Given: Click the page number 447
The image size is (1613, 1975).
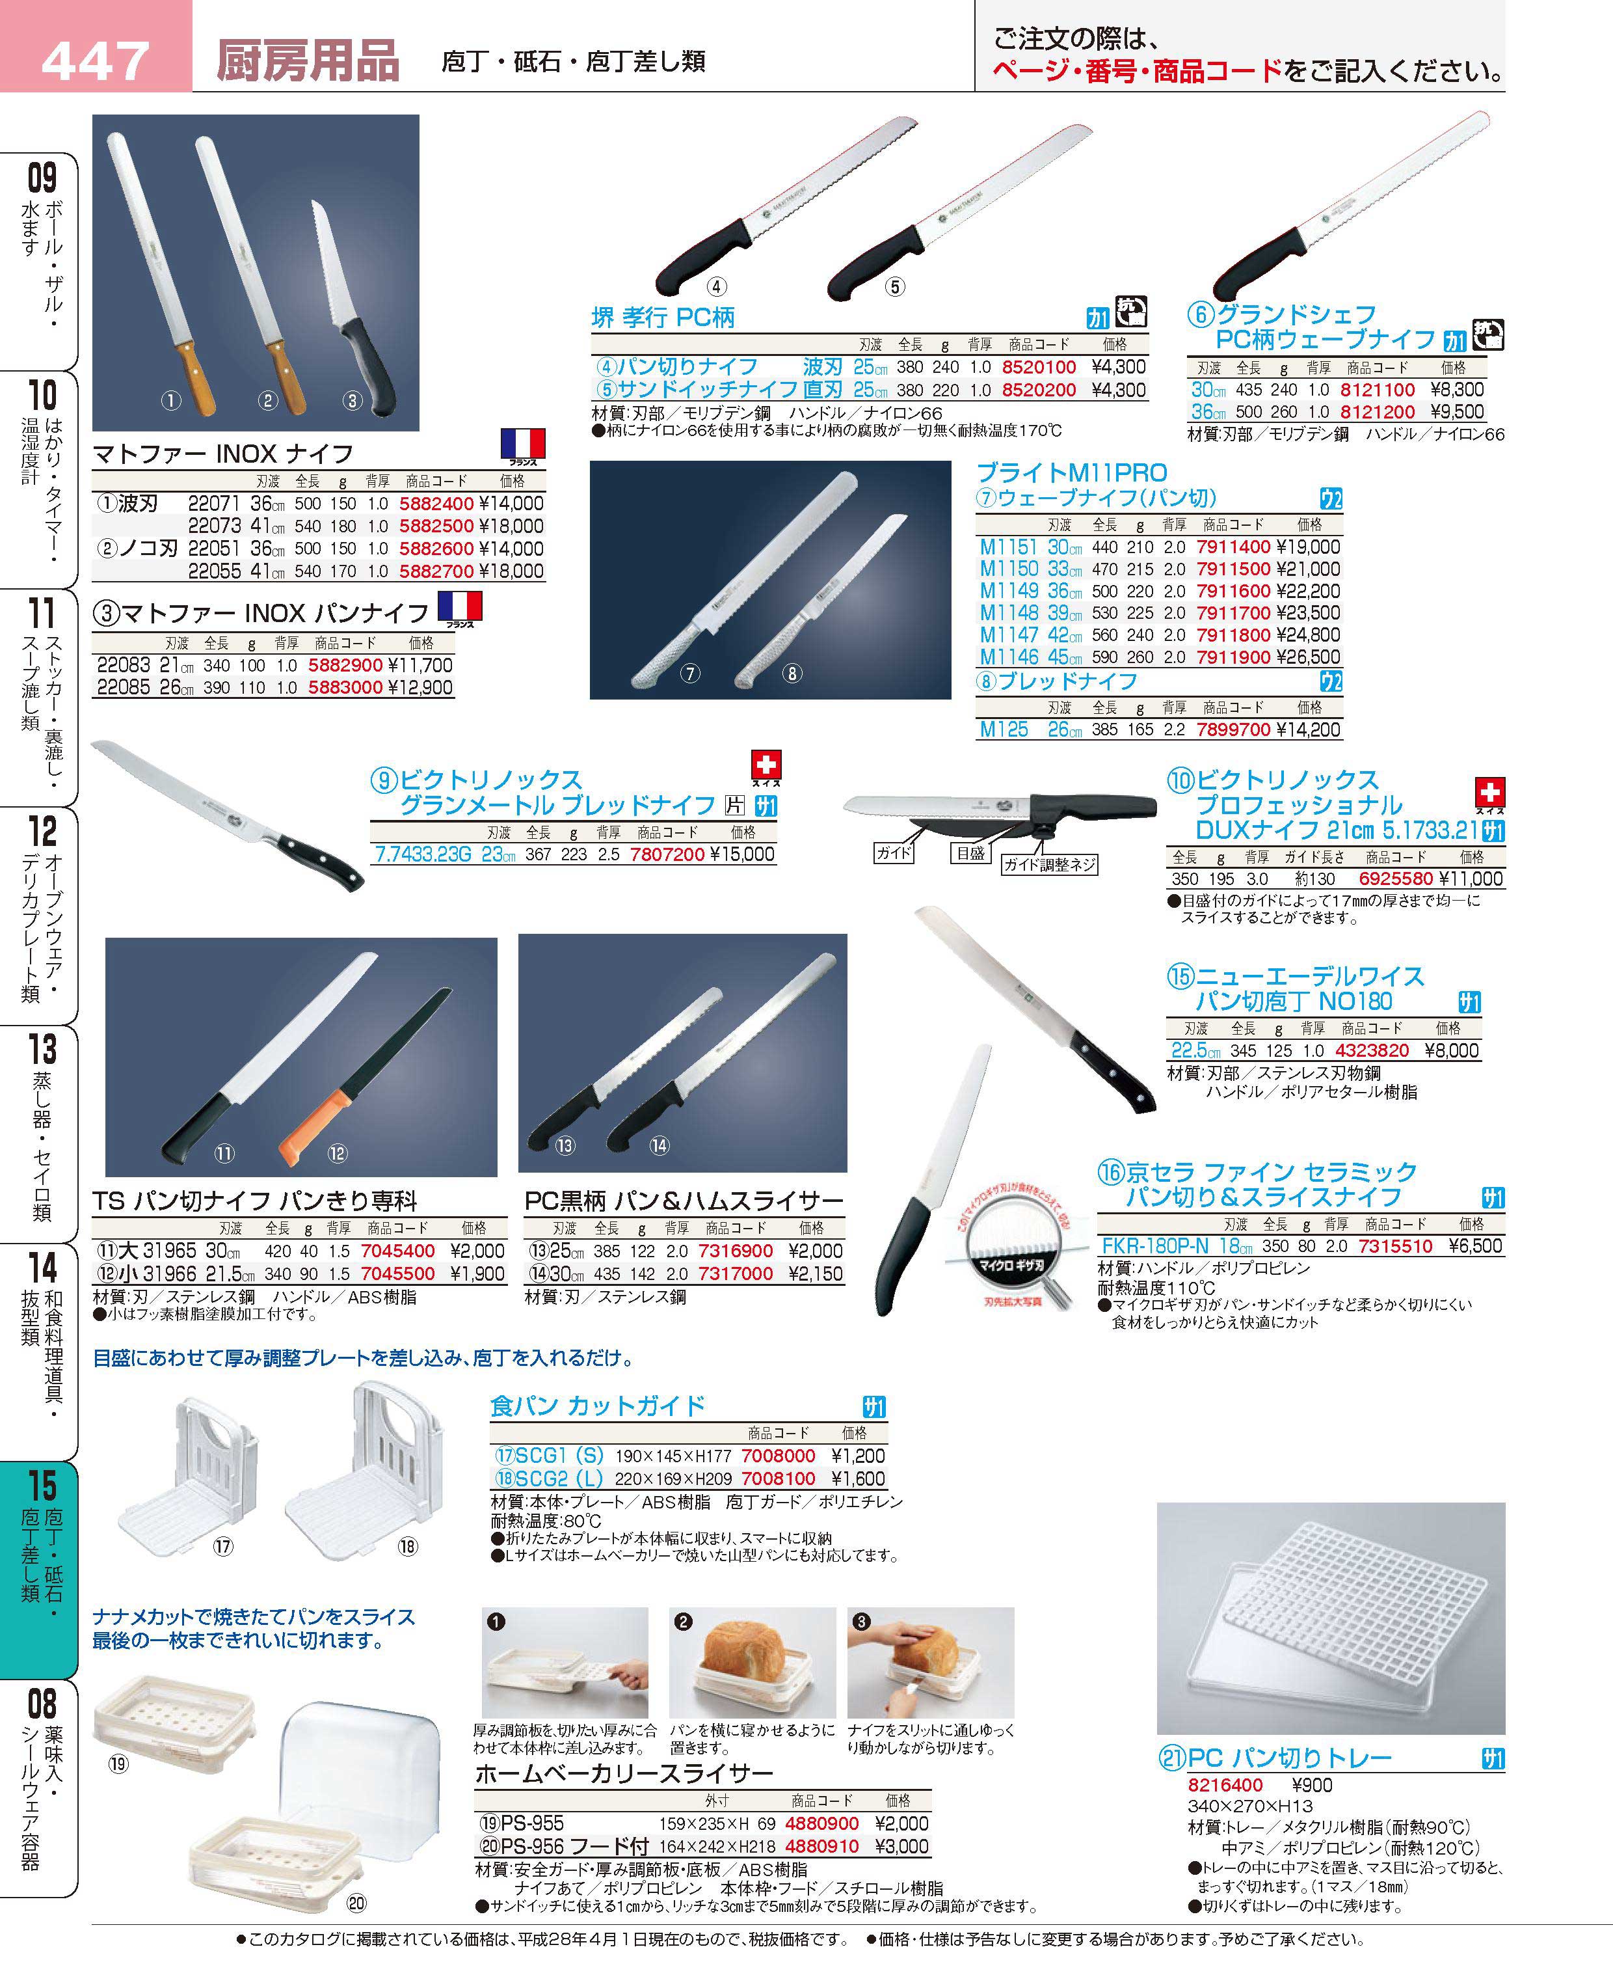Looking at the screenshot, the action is (x=96, y=61).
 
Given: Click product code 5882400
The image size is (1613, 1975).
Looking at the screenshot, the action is (x=436, y=504).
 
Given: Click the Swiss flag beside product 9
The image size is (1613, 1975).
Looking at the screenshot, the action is (x=767, y=765).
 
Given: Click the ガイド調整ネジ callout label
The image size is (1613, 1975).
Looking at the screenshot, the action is (x=1049, y=864).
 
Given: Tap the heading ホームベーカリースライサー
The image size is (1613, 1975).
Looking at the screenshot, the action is (x=624, y=1773).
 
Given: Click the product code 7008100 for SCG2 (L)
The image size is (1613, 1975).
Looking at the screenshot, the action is (x=778, y=1478).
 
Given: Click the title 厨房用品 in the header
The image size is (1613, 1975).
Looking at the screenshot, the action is (x=308, y=61).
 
